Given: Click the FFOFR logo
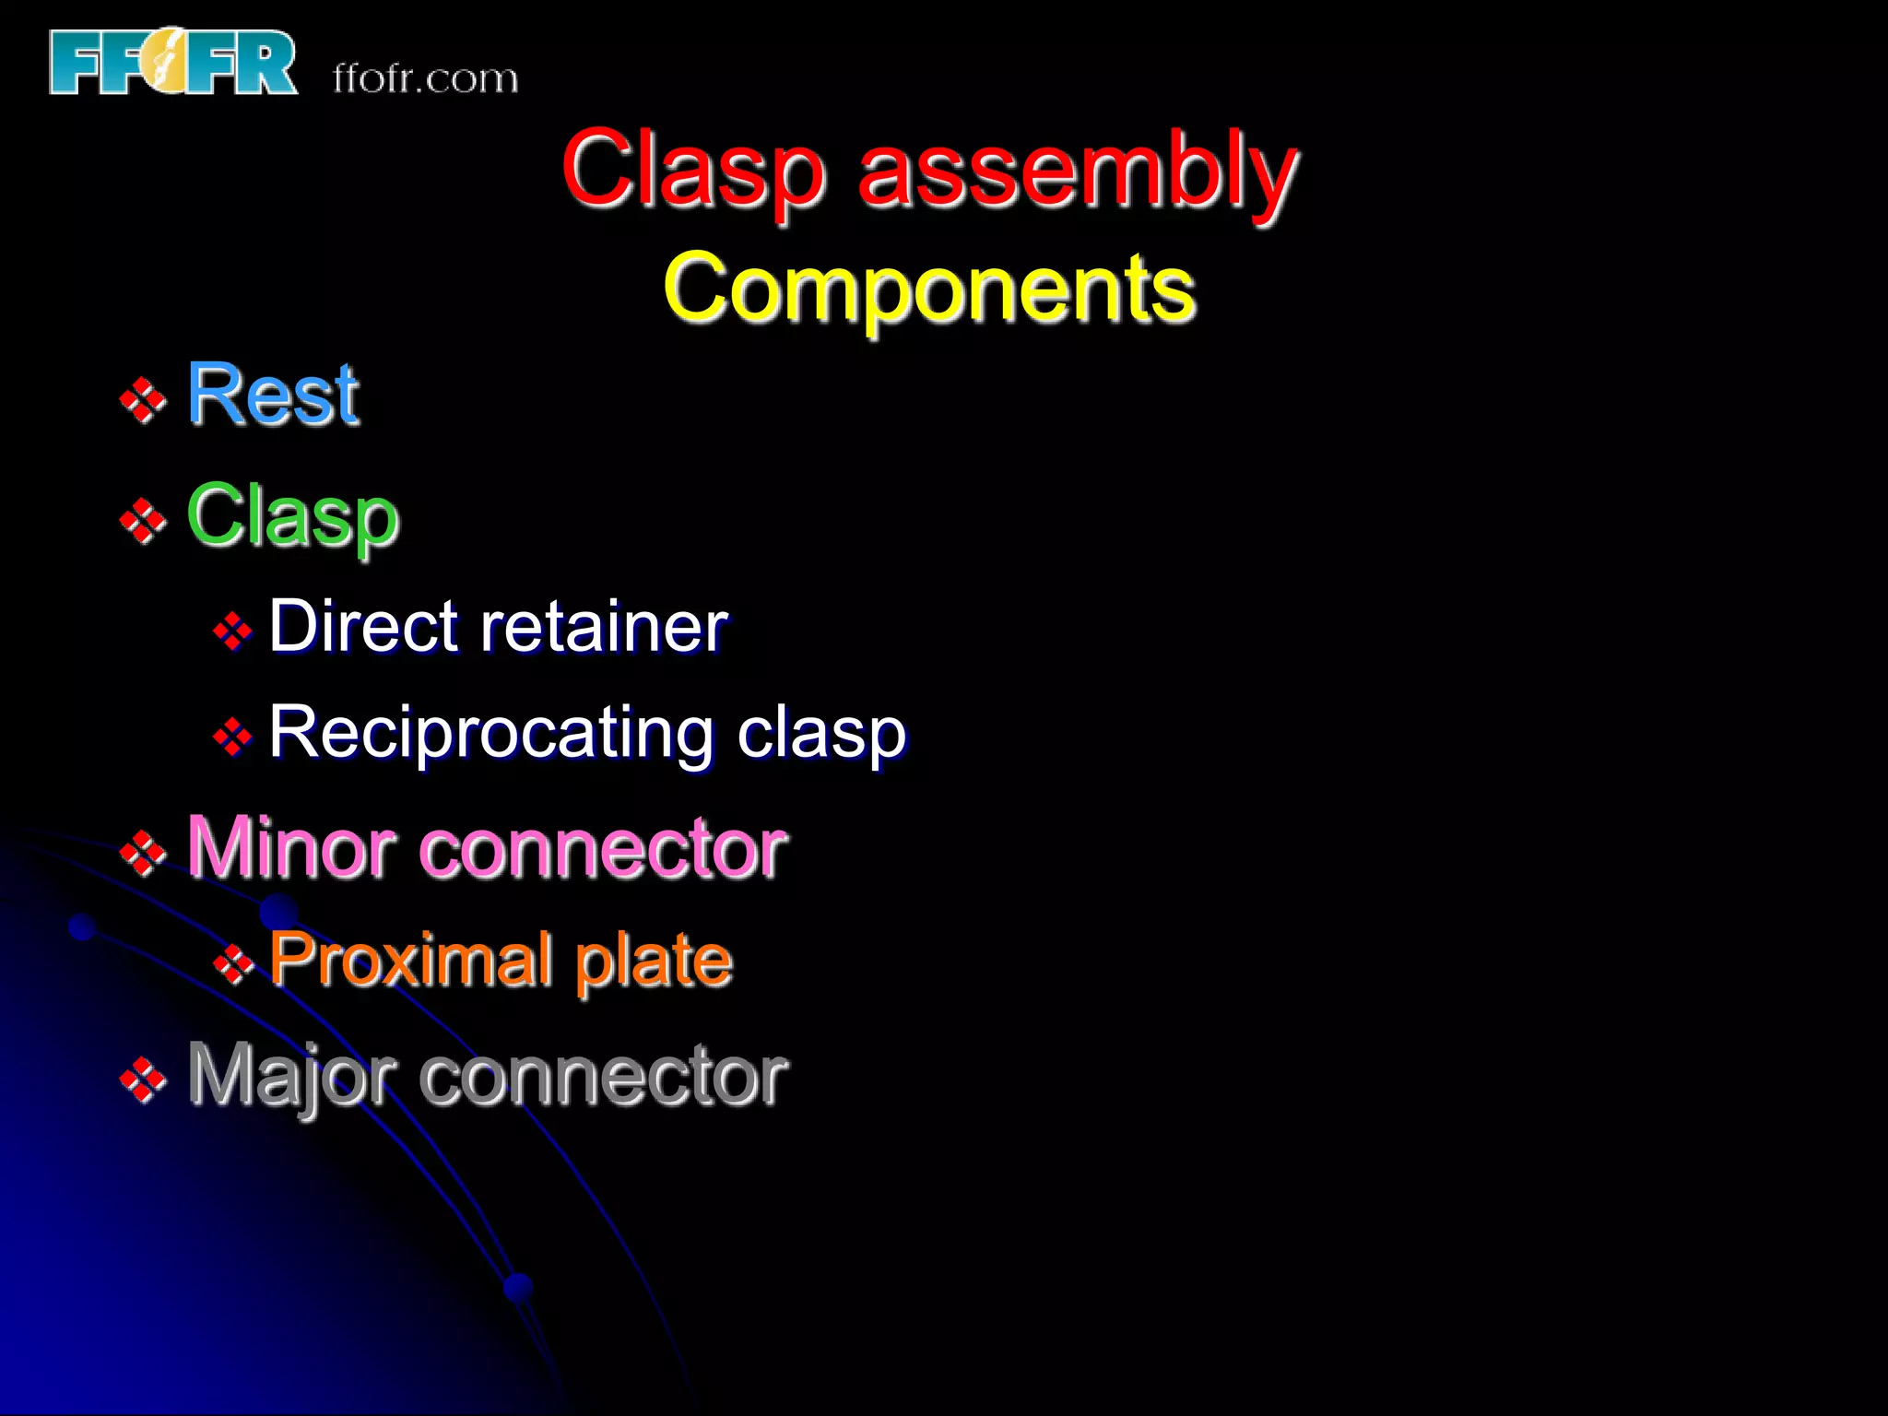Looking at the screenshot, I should pos(173,63).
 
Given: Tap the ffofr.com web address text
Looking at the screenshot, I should pos(425,79).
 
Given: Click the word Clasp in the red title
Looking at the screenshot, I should pos(692,171).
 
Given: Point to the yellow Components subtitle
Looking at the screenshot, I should pos(929,289).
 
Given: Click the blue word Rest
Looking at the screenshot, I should pos(273,395).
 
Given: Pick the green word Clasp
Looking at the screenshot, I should pos(292,517).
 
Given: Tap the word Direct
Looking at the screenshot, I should pos(363,627).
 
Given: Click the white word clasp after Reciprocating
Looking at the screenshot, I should pos(821,734).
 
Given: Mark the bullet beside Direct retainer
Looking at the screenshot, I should pos(232,631).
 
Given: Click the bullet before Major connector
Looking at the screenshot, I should pos(143,1080).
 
